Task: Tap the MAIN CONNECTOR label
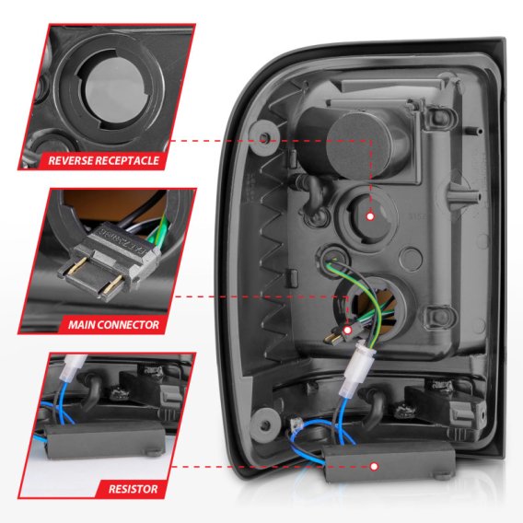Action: click(113, 324)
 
